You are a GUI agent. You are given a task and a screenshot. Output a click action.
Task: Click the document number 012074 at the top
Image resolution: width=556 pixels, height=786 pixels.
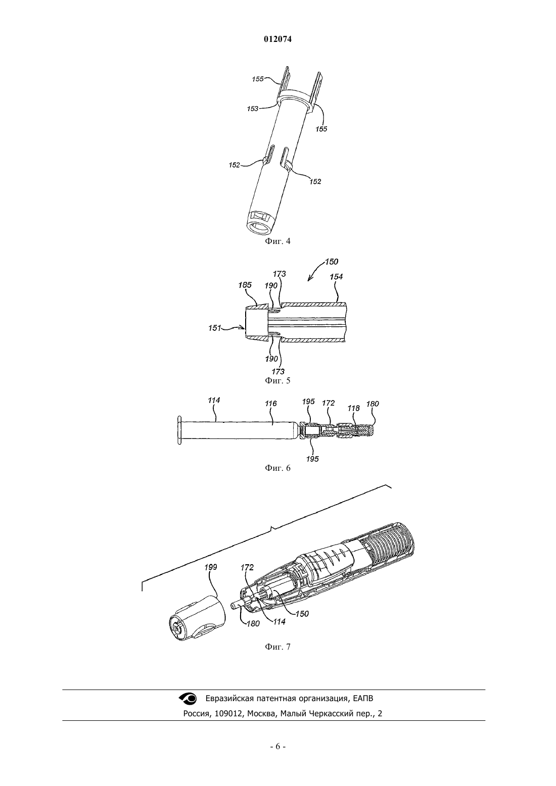coord(277,39)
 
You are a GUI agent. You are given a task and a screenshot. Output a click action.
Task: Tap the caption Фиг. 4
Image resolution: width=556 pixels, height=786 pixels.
coord(277,241)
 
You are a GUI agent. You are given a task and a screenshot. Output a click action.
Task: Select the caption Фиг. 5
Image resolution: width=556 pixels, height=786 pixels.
coord(277,381)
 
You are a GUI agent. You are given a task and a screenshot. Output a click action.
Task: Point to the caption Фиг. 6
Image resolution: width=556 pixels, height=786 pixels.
coord(277,468)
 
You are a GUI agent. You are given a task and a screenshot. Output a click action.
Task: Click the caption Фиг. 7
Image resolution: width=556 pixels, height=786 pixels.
coord(277,647)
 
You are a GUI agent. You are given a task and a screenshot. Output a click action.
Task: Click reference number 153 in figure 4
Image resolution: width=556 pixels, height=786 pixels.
coord(253,109)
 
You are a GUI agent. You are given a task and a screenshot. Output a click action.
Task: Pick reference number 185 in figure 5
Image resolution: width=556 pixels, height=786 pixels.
coord(245,285)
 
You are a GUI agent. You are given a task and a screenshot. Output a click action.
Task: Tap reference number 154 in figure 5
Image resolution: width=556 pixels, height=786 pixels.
coord(336,277)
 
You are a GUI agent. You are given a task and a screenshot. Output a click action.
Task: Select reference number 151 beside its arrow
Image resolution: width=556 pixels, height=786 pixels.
coord(214,328)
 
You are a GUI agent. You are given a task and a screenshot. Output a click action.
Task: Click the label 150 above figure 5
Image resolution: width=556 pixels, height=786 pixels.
coord(332,262)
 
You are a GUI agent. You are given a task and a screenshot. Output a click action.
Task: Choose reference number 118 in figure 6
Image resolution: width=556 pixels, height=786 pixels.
coord(353,408)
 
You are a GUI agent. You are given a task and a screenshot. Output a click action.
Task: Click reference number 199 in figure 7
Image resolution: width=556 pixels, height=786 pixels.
coord(211,567)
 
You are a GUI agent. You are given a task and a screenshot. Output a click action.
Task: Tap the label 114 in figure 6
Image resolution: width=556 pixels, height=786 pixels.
coord(214,400)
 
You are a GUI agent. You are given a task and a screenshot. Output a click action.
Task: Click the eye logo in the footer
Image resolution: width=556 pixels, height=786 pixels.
coord(189,698)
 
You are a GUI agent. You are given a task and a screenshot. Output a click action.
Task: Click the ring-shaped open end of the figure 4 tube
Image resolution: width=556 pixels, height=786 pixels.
coord(259,228)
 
